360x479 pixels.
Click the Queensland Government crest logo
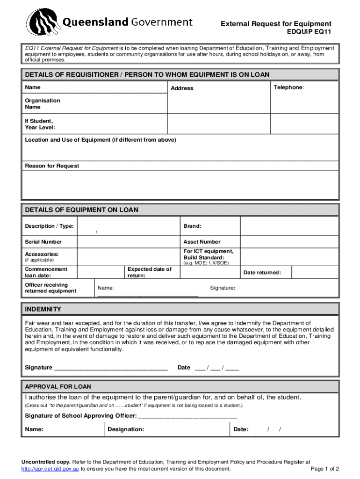click(43, 24)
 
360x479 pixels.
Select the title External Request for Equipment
click(276, 24)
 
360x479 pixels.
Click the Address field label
click(182, 88)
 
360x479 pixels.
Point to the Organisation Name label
click(43, 104)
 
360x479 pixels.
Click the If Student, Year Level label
click(40, 124)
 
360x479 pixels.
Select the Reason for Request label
click(52, 166)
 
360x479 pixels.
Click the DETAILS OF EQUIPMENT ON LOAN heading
click(81, 210)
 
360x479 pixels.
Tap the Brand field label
click(192, 226)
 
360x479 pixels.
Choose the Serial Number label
click(43, 242)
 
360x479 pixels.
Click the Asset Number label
click(202, 242)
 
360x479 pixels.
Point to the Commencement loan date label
click(46, 272)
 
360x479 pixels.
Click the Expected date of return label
click(150, 272)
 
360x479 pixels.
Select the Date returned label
click(262, 273)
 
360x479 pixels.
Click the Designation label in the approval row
click(126, 429)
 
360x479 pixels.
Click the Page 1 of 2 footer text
click(324, 469)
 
